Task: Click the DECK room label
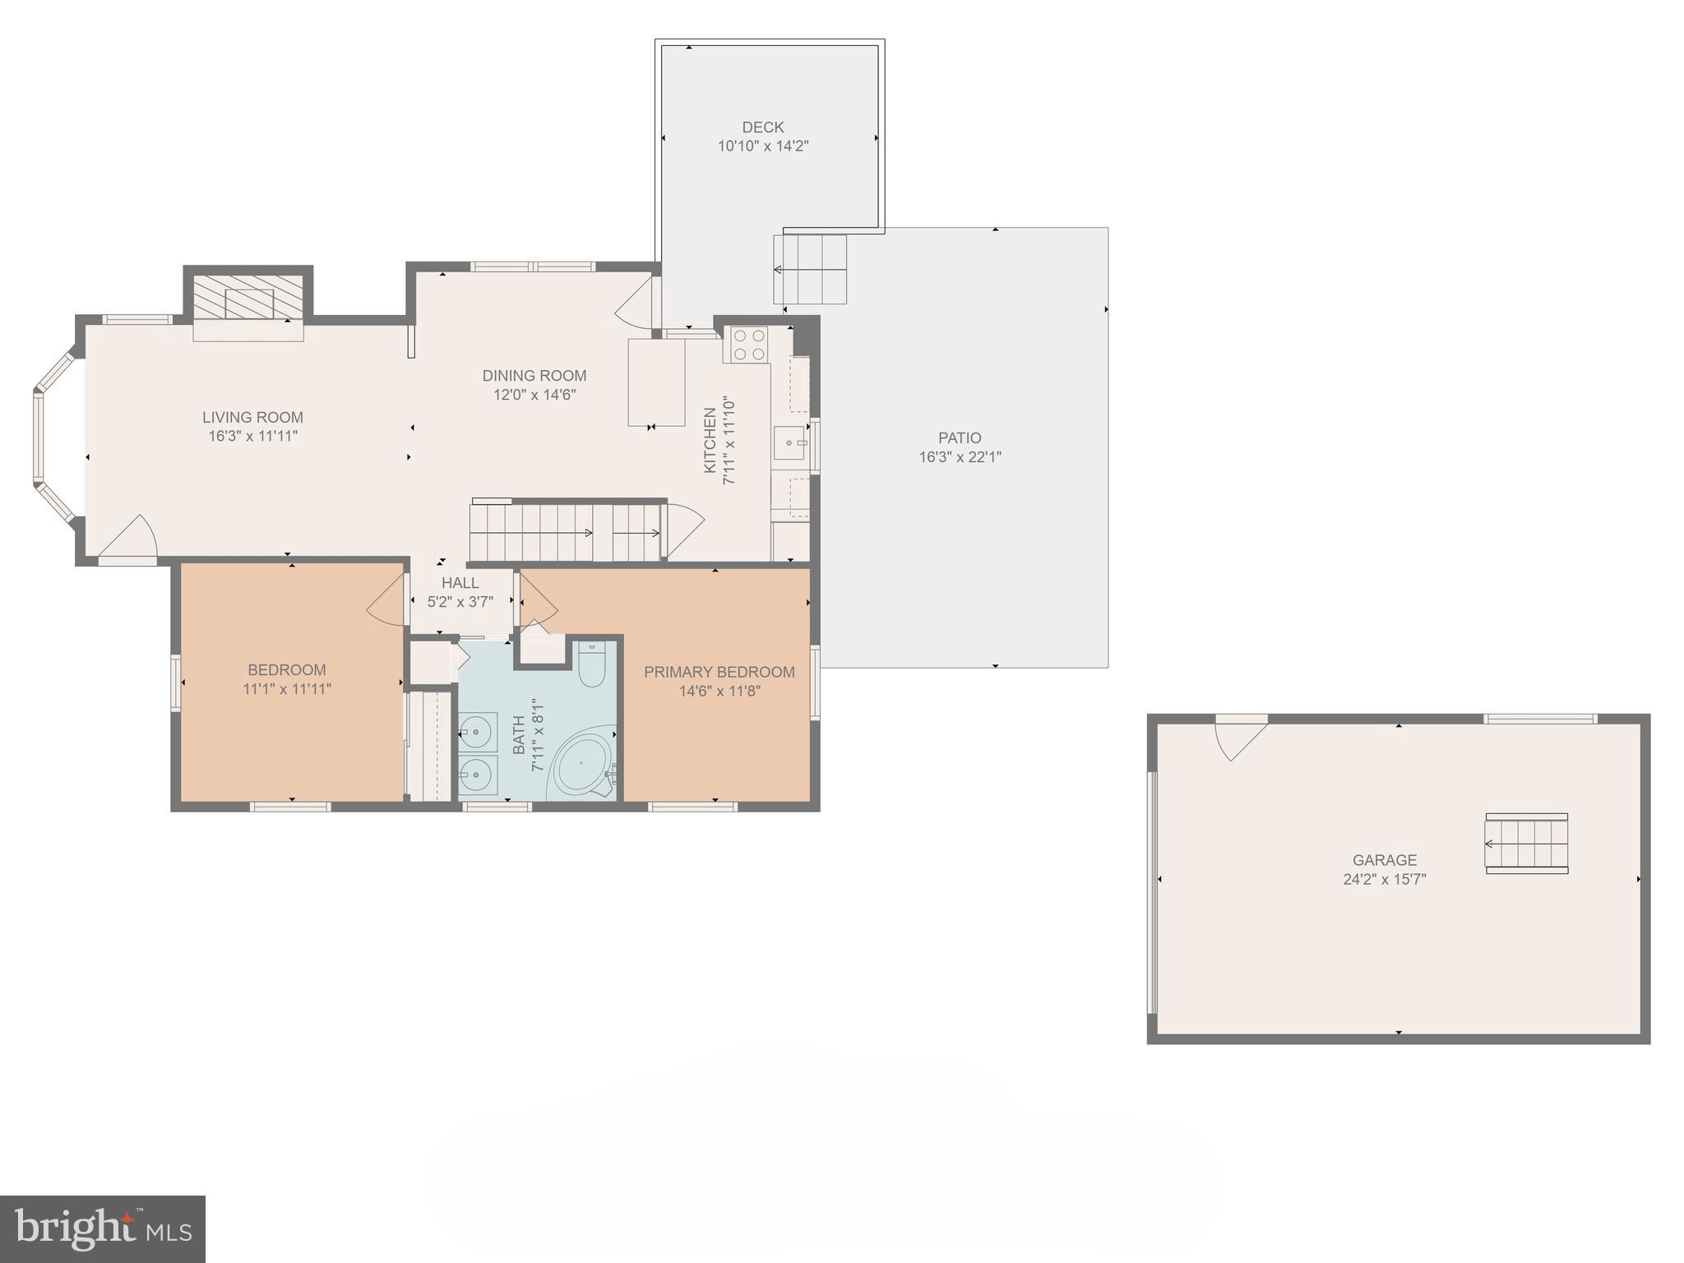[x=763, y=127]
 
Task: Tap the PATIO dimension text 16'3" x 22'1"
[x=960, y=457]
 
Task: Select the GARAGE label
[x=1385, y=860]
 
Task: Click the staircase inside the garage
[x=1526, y=843]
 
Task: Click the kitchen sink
[x=789, y=443]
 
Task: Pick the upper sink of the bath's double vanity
[x=476, y=730]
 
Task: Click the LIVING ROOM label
[x=252, y=418]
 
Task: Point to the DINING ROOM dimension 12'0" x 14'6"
[x=534, y=395]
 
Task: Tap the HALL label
[x=460, y=583]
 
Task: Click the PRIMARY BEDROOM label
[x=719, y=673]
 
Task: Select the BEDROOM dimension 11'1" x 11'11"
[x=287, y=689]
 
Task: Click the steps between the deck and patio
[x=810, y=269]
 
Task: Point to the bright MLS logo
[x=103, y=1229]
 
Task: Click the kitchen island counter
[x=656, y=382]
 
